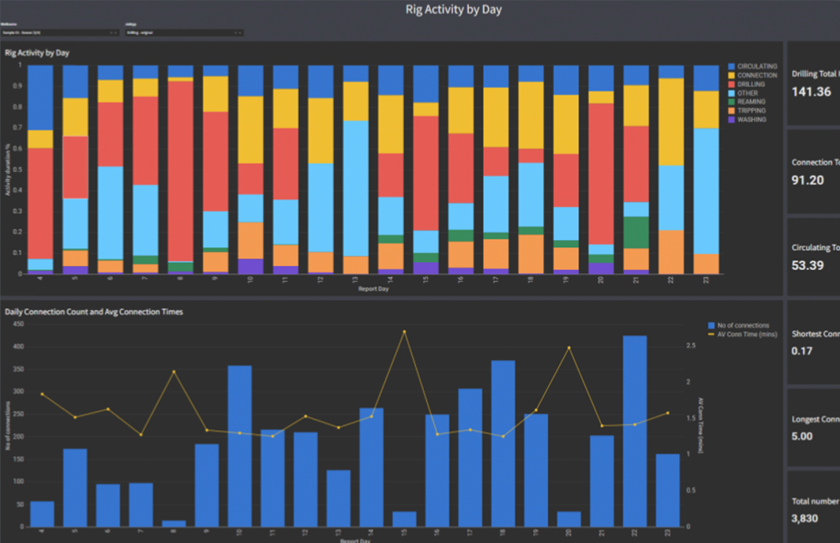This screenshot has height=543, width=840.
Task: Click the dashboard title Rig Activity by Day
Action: (x=453, y=10)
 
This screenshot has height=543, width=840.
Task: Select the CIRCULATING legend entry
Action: (x=756, y=66)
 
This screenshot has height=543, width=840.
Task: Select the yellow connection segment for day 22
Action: (x=671, y=122)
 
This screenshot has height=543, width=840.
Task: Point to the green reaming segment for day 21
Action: (x=636, y=232)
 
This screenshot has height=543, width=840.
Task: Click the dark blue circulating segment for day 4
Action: (x=41, y=97)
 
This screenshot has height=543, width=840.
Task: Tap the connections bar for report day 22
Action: (x=635, y=431)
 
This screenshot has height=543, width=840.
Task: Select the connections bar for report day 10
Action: (x=239, y=446)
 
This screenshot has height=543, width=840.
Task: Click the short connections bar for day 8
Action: (x=174, y=523)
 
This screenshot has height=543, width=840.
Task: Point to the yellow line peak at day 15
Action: (x=404, y=331)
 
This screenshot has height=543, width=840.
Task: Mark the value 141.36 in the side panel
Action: (x=811, y=92)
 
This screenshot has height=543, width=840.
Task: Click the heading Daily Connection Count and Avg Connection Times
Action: (x=94, y=312)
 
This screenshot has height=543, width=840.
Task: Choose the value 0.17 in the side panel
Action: (x=802, y=350)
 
